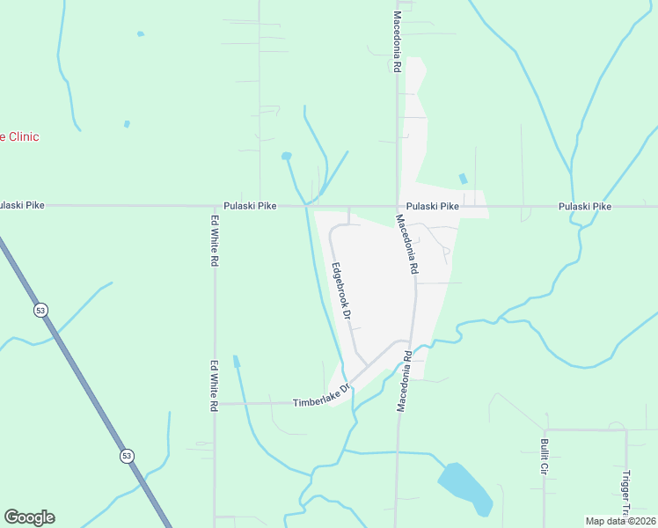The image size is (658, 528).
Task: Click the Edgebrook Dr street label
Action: point(341,290)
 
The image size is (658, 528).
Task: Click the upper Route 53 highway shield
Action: point(40,310)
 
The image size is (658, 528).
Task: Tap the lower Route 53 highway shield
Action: point(128,455)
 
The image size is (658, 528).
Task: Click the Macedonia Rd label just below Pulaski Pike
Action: point(406,245)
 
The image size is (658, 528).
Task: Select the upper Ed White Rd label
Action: point(214,241)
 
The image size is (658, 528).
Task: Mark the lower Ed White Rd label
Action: point(214,385)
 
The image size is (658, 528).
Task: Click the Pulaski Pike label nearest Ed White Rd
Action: point(250,206)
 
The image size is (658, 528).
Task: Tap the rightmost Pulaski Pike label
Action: point(584,206)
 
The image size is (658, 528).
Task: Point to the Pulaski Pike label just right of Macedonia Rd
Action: point(434,206)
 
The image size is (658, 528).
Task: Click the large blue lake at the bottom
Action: point(464,487)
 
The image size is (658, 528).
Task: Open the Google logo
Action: point(29,517)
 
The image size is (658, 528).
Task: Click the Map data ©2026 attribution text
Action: point(619,521)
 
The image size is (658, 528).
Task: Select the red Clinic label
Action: point(19,137)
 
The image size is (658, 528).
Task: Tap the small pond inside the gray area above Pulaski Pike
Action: point(463,179)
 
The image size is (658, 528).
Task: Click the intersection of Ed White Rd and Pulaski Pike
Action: point(214,206)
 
